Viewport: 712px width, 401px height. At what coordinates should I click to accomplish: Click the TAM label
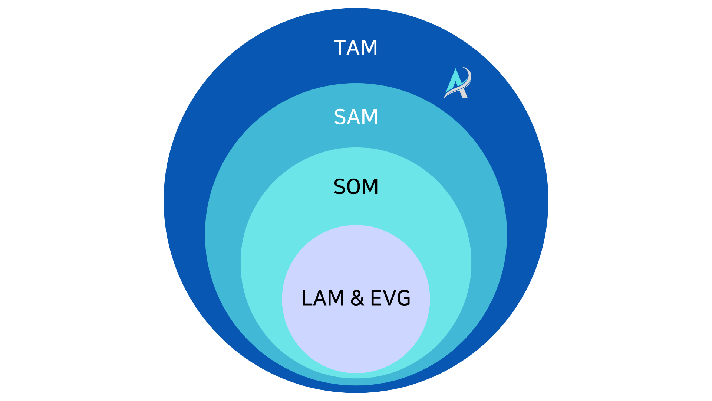point(356,48)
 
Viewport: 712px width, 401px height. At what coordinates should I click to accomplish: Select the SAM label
point(356,117)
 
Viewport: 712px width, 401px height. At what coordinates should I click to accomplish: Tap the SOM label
point(356,186)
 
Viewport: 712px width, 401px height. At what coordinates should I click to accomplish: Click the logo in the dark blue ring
point(458,83)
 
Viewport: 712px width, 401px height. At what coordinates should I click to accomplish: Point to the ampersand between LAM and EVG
point(357,298)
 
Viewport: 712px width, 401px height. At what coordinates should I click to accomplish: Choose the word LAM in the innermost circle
point(323,298)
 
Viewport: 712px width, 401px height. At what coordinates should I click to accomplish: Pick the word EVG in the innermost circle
point(390,298)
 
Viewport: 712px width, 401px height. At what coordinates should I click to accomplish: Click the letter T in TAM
point(340,48)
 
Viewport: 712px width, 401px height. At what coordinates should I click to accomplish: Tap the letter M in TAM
point(370,48)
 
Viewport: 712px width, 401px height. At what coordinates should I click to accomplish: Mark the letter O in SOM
point(355,186)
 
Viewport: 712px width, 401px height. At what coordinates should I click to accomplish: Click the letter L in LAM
point(307,298)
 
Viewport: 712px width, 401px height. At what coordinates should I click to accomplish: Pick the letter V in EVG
point(390,298)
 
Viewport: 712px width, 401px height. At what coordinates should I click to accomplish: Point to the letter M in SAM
point(370,117)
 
